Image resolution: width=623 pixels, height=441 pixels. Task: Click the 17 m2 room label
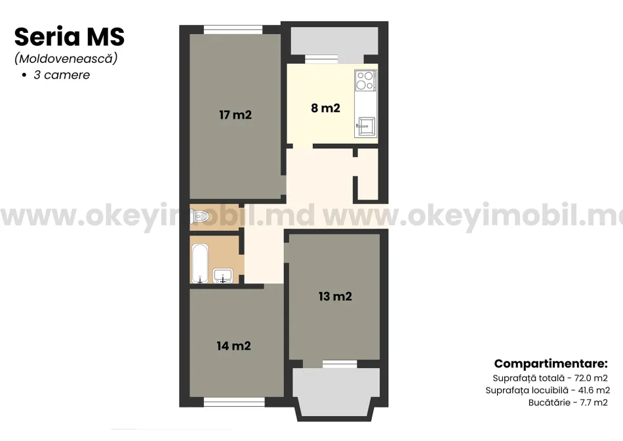pos(235,115)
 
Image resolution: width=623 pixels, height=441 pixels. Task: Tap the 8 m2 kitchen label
pos(325,108)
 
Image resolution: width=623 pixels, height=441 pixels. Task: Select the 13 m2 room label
pos(335,296)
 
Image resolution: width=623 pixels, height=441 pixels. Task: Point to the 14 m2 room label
pos(233,346)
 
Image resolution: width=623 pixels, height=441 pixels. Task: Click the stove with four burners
pos(365,80)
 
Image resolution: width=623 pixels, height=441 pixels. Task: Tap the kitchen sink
pos(365,127)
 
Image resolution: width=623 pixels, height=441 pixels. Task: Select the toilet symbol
pos(200,217)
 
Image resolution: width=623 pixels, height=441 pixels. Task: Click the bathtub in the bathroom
pos(200,263)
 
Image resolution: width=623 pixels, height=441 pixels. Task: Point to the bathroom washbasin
pos(223,276)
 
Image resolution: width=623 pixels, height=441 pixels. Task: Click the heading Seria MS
pos(70,37)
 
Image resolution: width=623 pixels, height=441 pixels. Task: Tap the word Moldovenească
pos(66,59)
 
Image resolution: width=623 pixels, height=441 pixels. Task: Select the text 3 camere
pos(62,75)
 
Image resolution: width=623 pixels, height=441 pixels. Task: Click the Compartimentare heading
pos(551,364)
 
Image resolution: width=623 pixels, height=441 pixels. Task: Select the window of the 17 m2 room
pos(233,30)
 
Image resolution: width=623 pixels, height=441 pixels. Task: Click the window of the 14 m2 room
pos(234,402)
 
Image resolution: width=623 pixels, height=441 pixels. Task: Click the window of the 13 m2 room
pos(339,364)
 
